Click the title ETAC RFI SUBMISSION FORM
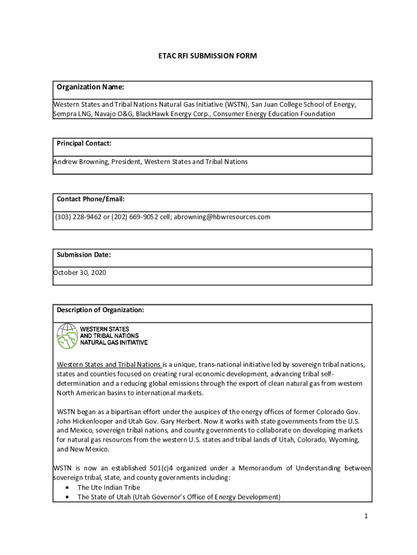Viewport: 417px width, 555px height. click(x=207, y=56)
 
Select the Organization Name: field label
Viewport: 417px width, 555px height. click(x=90, y=87)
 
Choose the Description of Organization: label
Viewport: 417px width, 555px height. click(x=100, y=310)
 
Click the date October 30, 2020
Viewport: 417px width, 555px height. click(x=80, y=273)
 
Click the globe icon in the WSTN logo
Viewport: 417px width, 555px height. click(x=67, y=336)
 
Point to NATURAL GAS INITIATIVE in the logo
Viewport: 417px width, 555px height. click(x=114, y=343)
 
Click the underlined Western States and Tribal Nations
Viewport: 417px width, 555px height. click(x=109, y=364)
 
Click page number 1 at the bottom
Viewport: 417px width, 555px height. click(x=366, y=517)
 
